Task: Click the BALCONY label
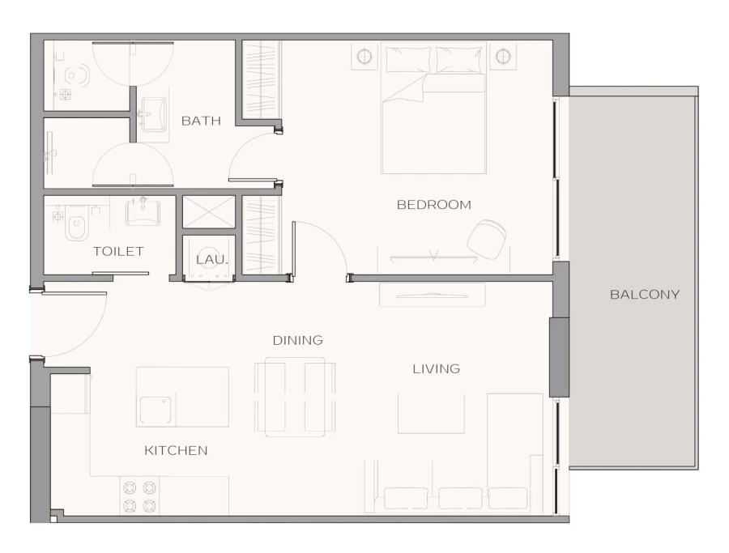[x=644, y=295]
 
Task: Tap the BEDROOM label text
[x=433, y=205]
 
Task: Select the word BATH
[x=201, y=121]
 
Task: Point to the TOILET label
[x=118, y=252]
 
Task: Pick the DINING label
[x=297, y=340]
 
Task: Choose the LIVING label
[x=436, y=368]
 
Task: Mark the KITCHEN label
[x=176, y=450]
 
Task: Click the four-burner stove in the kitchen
[x=139, y=496]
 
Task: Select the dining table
[x=295, y=397]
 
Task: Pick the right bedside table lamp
[x=502, y=57]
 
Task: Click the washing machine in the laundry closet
[x=209, y=257]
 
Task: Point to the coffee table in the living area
[x=430, y=413]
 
